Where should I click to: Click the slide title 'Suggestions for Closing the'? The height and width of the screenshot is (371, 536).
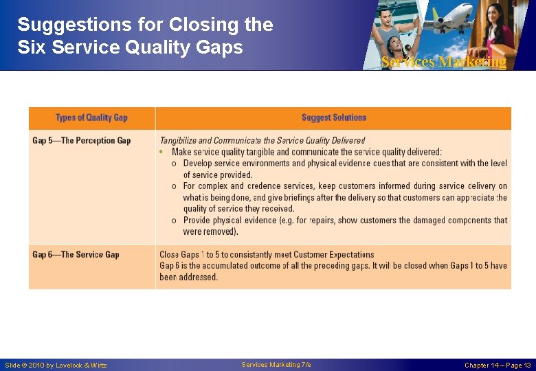coord(145,25)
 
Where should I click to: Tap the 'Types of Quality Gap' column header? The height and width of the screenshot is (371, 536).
coord(91,117)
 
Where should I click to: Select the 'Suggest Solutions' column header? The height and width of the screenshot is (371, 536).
coord(333,117)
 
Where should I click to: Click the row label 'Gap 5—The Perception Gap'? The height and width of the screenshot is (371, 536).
coord(81,141)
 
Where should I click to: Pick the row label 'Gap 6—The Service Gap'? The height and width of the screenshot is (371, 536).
coord(76,255)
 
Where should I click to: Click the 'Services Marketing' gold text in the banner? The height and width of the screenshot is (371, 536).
coord(443,62)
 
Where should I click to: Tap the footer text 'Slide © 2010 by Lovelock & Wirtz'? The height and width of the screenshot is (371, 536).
coord(56,365)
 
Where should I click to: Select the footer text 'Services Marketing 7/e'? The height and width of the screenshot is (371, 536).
coord(276,365)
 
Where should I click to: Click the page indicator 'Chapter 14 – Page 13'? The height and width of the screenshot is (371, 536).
coord(498,365)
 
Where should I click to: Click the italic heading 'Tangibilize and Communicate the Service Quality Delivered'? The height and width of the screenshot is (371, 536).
coord(263,141)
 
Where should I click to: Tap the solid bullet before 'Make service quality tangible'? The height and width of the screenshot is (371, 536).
coord(161,152)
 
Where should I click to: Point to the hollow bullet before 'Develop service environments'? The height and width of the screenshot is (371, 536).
coord(174,164)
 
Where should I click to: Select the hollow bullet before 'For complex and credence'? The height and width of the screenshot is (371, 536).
coord(174,186)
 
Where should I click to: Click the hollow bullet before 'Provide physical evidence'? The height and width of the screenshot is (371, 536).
coord(174,221)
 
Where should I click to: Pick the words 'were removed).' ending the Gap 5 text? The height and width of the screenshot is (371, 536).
coord(210,232)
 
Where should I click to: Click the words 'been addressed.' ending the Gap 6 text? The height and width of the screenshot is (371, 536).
coord(188,277)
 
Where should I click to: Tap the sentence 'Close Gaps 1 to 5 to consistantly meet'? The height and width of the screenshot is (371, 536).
coord(267,255)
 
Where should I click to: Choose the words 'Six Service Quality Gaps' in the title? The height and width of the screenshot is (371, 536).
coord(130,47)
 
